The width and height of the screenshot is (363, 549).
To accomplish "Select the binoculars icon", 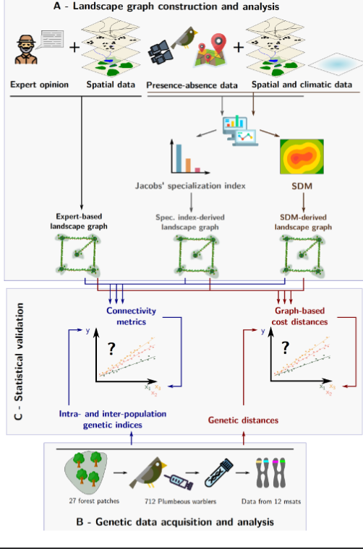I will (x=161, y=51).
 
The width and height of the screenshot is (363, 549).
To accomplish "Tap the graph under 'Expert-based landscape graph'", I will (x=80, y=256).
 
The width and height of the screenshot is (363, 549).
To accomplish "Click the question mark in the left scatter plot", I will (x=112, y=349).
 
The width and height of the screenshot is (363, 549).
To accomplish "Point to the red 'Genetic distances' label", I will (x=244, y=419).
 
